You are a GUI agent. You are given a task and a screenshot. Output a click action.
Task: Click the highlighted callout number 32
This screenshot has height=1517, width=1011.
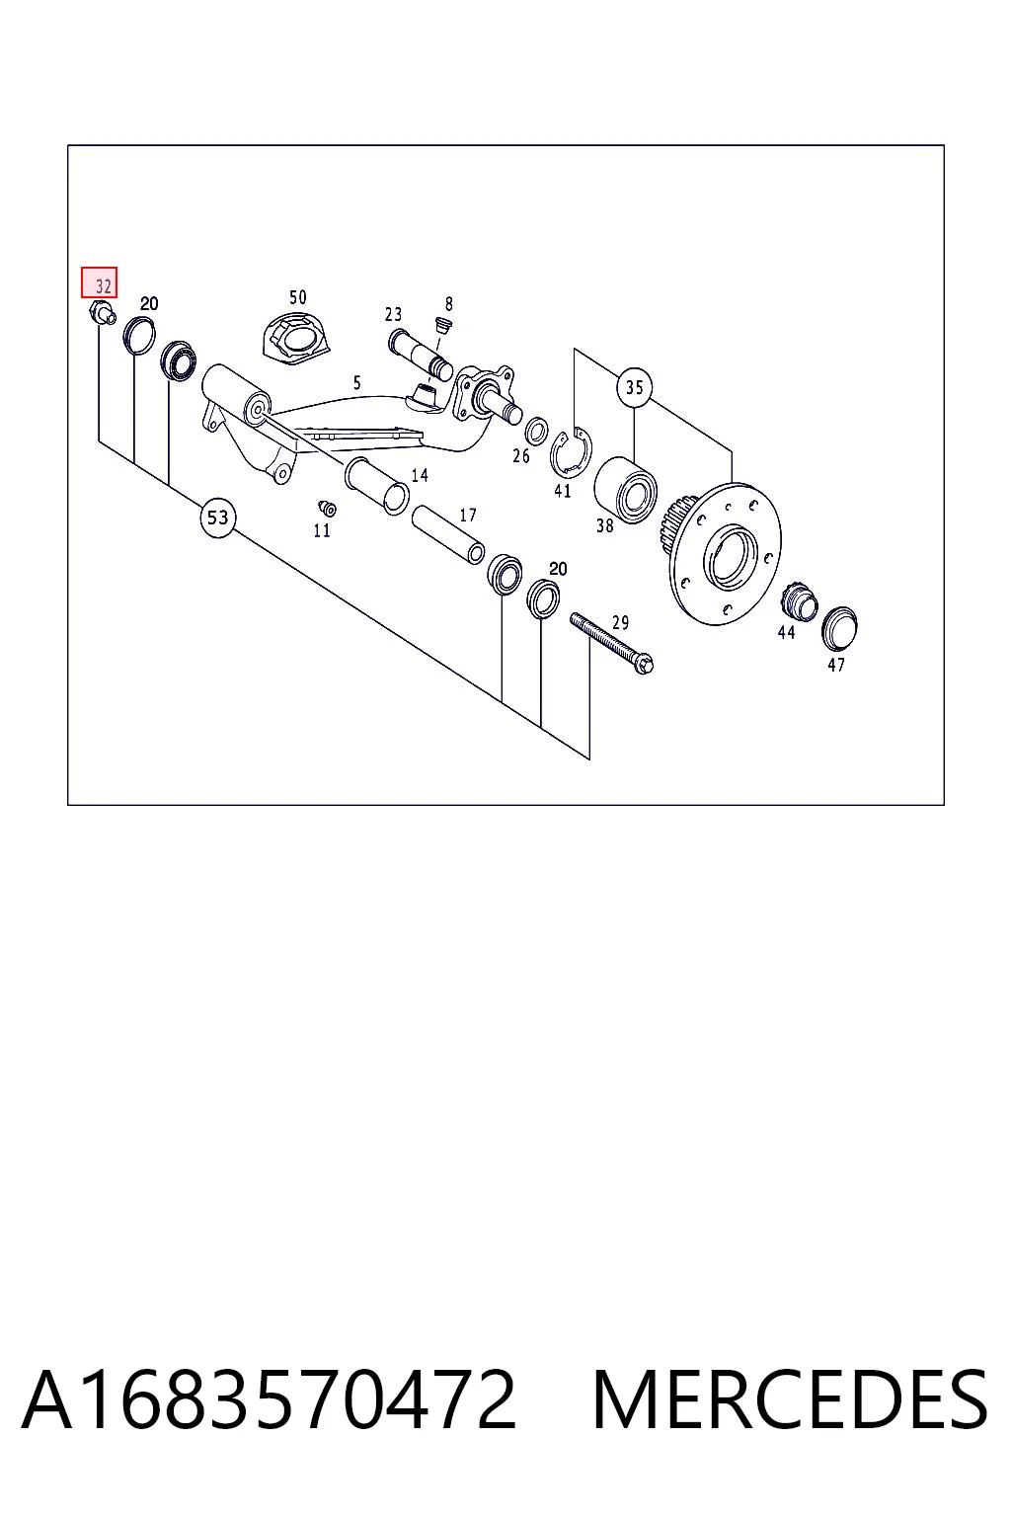[x=99, y=282]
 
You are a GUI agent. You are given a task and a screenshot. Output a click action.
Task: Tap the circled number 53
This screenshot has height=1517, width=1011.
[x=218, y=519]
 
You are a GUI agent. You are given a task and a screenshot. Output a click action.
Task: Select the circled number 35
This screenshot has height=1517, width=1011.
[x=634, y=387]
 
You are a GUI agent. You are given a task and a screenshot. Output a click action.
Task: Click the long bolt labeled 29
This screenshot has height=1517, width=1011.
[x=611, y=643]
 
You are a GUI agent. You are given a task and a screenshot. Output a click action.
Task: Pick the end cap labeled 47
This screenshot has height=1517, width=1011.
[x=839, y=628]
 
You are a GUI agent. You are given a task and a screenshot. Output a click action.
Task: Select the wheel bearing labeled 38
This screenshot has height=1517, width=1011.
[x=625, y=490]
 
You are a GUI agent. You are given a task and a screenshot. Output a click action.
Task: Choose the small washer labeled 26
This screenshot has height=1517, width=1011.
[x=536, y=432]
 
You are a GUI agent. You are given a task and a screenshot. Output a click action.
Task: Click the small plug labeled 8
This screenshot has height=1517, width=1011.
[x=443, y=325]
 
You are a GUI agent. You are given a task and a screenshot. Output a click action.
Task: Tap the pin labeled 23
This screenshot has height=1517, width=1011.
[x=420, y=354]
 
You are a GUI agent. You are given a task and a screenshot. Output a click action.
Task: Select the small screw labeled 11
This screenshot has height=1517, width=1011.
[x=327, y=508]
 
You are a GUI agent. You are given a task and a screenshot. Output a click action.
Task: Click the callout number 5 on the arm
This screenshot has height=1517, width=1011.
[x=356, y=383]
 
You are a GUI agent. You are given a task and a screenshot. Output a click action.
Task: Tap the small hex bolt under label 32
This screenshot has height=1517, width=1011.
[x=103, y=314]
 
